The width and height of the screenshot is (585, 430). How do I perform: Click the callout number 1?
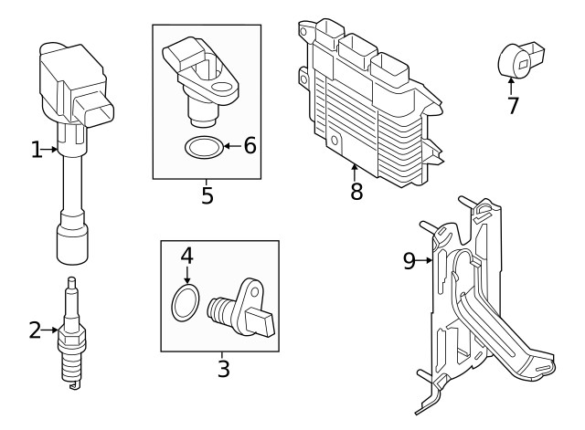pyautogui.click(x=37, y=150)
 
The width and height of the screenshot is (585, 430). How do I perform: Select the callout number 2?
pyautogui.click(x=35, y=330)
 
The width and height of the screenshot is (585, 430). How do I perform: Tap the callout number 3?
pyautogui.click(x=223, y=369)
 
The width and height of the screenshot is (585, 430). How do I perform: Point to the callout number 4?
pyautogui.click(x=186, y=256)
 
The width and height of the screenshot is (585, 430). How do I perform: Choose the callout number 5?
pyautogui.click(x=207, y=194)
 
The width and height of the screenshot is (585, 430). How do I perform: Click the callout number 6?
pyautogui.click(x=249, y=145)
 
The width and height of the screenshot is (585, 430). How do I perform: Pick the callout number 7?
pyautogui.click(x=513, y=105)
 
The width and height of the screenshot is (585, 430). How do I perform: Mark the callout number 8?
pyautogui.click(x=356, y=191)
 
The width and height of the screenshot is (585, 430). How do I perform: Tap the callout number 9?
pyautogui.click(x=409, y=261)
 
